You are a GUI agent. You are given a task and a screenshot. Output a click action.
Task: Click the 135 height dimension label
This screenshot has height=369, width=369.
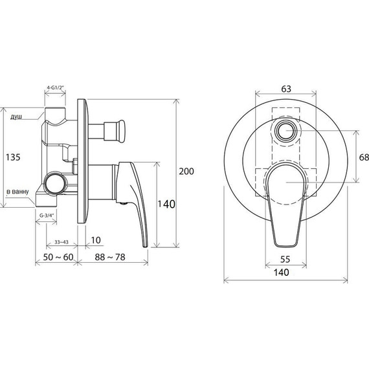coord(13,157)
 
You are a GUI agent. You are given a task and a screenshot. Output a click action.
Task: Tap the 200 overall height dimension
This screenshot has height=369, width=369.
coord(186,172)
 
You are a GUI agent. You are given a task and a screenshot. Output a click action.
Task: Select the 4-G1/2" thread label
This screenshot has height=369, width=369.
coord(55,87)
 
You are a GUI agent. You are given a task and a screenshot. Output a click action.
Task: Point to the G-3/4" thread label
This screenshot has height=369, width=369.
coord(47,215)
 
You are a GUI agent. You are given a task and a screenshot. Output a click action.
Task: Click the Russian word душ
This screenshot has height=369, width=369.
coord(16,117)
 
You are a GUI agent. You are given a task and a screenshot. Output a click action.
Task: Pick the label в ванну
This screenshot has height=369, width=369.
coord(17,192)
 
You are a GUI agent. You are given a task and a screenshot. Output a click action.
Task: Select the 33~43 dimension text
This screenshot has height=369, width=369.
coord(61,242)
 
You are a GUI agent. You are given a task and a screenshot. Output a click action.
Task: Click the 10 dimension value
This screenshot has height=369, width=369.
coord(96,240)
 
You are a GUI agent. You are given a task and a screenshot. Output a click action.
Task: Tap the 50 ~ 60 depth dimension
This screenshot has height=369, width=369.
coord(58,257)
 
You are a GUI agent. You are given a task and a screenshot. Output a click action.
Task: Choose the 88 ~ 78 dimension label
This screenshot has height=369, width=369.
coord(110,257)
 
